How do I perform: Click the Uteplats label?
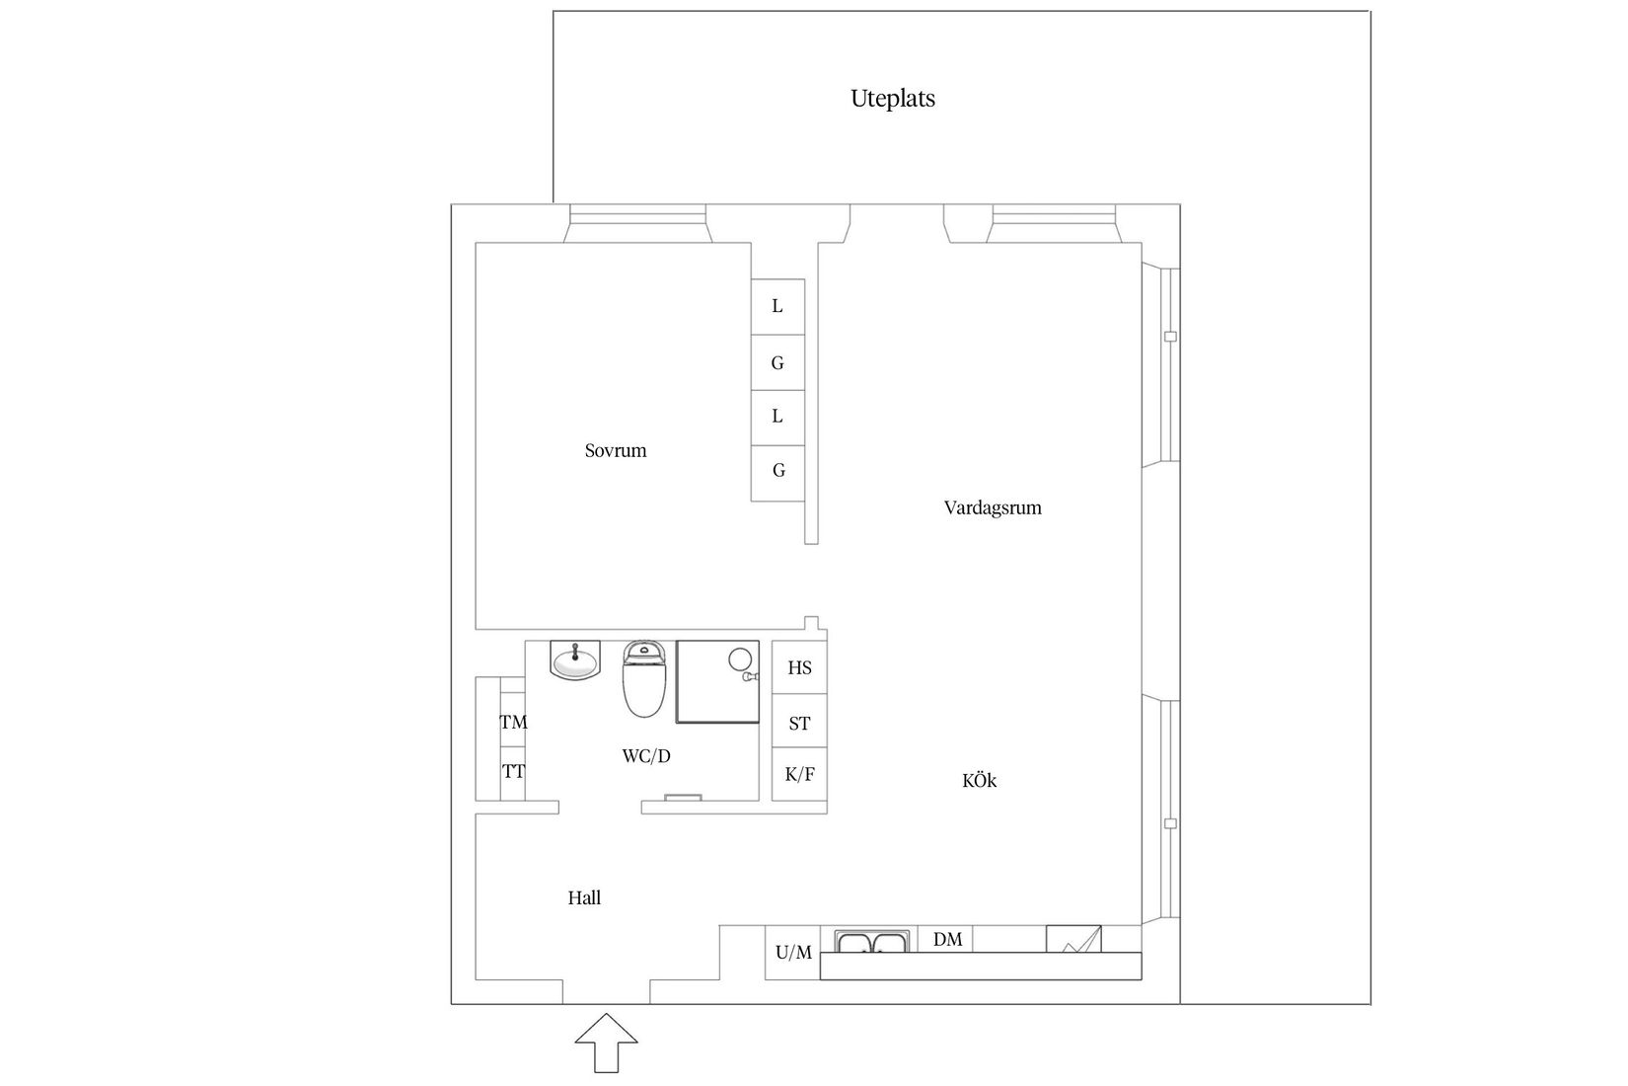[893, 99]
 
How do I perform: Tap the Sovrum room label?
[616, 451]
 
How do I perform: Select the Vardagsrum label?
[993, 508]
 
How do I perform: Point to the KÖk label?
[979, 781]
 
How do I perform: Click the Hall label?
[584, 898]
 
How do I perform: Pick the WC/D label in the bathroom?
[646, 757]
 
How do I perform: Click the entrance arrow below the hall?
[606, 1042]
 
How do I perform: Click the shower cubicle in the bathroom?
[717, 681]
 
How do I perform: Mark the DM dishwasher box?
[946, 939]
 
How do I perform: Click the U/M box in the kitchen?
[792, 953]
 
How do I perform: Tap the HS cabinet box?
[799, 668]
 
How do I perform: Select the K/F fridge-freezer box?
[799, 774]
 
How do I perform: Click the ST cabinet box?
[799, 724]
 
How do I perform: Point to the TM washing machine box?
[513, 723]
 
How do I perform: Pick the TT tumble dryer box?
[513, 772]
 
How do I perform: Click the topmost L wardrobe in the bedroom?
[777, 307]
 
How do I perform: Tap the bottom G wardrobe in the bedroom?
[777, 472]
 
